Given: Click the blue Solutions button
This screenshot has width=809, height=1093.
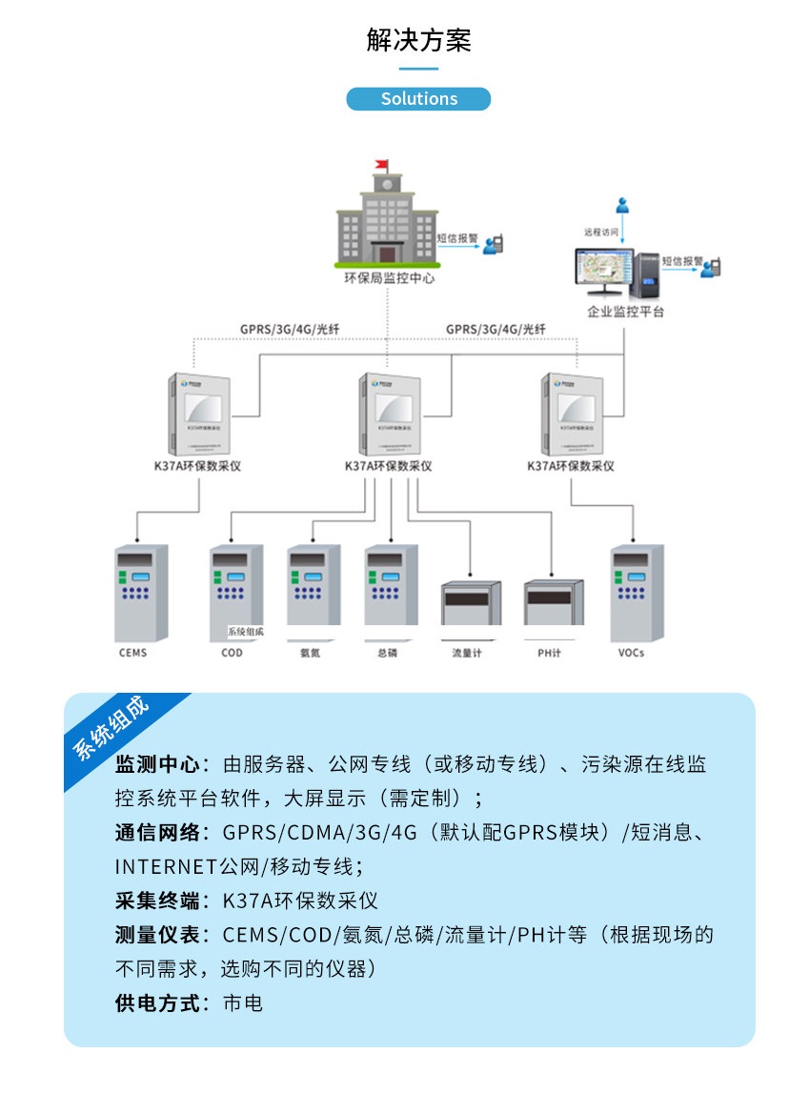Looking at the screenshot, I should pyautogui.click(x=418, y=99).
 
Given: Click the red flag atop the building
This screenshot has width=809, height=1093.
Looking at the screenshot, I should pyautogui.click(x=382, y=164).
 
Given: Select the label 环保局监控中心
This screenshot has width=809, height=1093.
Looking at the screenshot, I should pyautogui.click(x=389, y=279).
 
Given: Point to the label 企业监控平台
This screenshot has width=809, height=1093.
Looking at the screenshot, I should pyautogui.click(x=625, y=312).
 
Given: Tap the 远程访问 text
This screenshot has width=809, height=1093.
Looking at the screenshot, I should pyautogui.click(x=601, y=232).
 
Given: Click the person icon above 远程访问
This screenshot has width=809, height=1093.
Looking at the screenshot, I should pyautogui.click(x=622, y=205).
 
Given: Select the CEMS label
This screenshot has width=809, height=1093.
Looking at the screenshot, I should pyautogui.click(x=133, y=653).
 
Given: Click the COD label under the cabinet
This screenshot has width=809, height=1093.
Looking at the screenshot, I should pyautogui.click(x=232, y=653).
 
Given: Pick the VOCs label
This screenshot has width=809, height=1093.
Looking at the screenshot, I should pyautogui.click(x=631, y=653).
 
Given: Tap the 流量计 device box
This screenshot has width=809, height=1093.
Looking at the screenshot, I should pyautogui.click(x=471, y=602).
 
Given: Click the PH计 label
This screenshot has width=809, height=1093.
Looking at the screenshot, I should pyautogui.click(x=550, y=653).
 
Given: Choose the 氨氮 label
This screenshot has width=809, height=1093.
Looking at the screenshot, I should pyautogui.click(x=310, y=653).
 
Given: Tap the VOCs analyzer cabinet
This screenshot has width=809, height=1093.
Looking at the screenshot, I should pyautogui.click(x=637, y=591).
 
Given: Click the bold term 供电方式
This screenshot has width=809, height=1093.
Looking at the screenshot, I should pyautogui.click(x=157, y=1002).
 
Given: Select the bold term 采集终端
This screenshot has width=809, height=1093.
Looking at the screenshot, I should pyautogui.click(x=157, y=901).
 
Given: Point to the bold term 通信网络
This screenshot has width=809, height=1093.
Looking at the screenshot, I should pyautogui.click(x=157, y=832).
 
